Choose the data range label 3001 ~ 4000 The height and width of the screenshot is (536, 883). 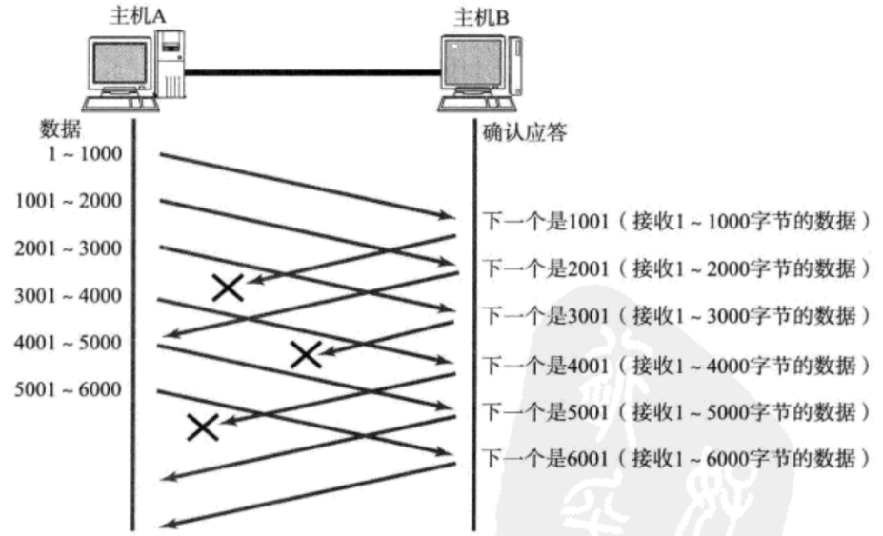click(69, 295)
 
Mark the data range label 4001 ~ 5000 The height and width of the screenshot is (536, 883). click(69, 343)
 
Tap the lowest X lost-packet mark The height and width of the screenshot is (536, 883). click(202, 427)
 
